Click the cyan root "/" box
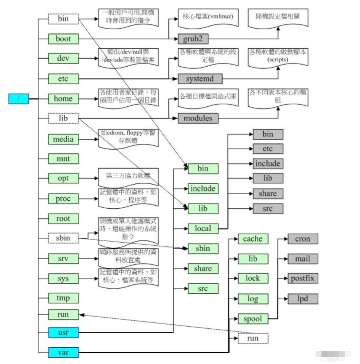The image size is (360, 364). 19,99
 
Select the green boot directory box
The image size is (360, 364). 63,39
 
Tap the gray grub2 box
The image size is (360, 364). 193,39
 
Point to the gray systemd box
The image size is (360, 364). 200,79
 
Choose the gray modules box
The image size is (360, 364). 198,118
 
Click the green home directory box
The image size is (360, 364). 63,98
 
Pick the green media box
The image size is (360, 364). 63,139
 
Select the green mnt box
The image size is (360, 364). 63,159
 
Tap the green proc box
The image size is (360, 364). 63,198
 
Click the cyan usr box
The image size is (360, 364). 63,332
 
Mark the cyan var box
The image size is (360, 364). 63,352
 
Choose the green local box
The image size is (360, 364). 203,229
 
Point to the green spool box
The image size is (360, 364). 253,318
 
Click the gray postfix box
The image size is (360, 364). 302,278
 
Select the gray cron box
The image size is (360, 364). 302,239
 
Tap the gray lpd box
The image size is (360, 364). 302,299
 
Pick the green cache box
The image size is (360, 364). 253,239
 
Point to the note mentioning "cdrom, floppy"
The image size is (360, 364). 128,137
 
